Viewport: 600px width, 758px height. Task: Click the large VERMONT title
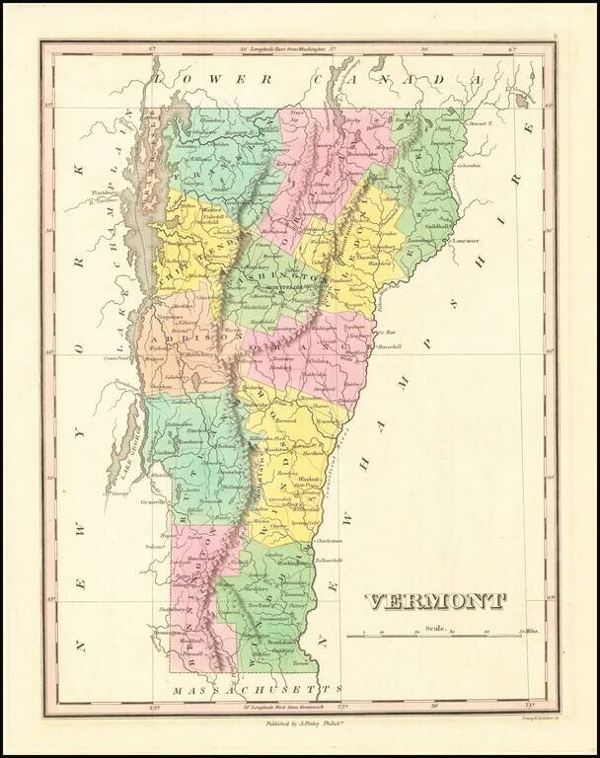coord(435,601)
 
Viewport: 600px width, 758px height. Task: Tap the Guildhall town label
coord(439,227)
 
